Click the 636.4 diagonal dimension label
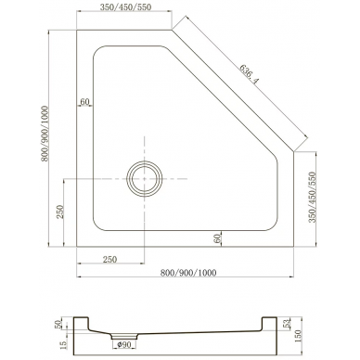(x=250, y=74)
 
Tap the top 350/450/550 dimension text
(x=125, y=7)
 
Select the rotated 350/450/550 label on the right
(x=313, y=198)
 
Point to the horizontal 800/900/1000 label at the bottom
(x=188, y=273)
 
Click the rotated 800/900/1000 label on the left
(x=45, y=134)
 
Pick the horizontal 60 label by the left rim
(x=84, y=101)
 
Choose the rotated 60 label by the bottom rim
(x=217, y=238)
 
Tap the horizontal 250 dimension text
(x=109, y=259)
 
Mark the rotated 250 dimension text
(x=60, y=212)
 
